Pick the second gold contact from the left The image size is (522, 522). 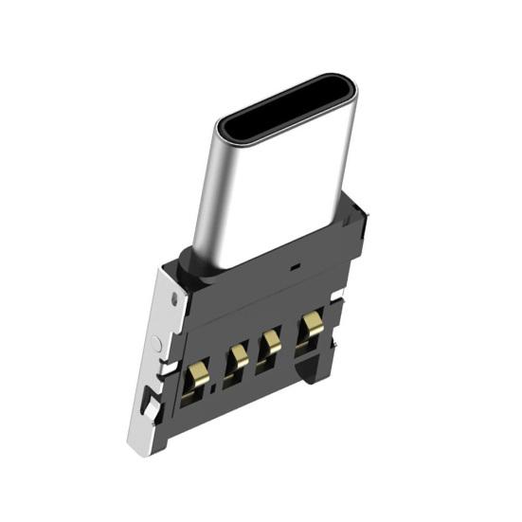(238, 359)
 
